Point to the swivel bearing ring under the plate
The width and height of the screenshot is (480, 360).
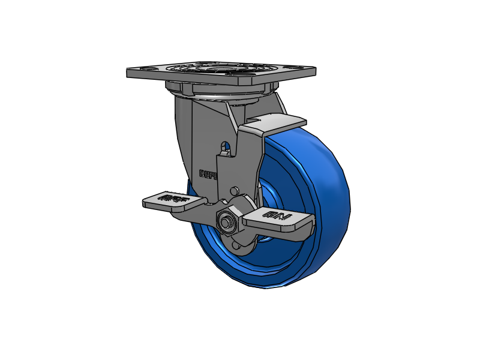pyautogui.click(x=222, y=92)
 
